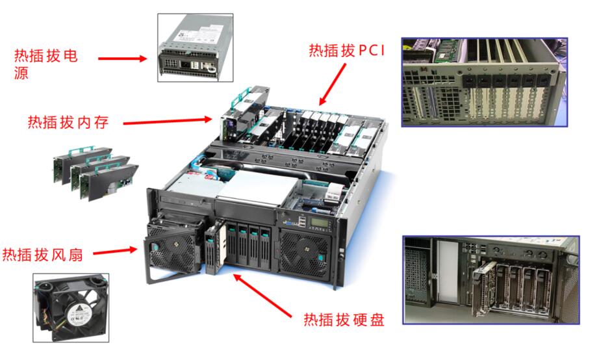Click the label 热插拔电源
point(46,64)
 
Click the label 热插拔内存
point(68,122)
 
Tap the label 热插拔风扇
point(43,255)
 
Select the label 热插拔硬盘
point(344,320)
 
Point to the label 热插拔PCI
point(346,51)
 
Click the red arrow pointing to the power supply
point(123,58)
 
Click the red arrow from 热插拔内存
point(168,121)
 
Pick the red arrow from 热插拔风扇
point(115,251)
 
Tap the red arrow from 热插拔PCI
point(333,84)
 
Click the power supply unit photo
point(195,47)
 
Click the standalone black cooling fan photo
point(71,307)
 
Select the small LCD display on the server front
point(320,222)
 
